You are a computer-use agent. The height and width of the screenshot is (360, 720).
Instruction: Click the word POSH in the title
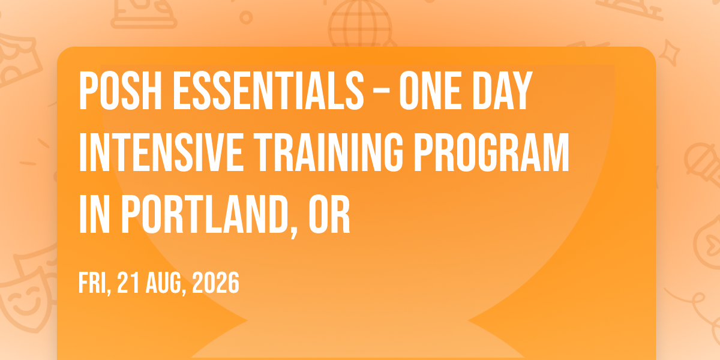(120, 91)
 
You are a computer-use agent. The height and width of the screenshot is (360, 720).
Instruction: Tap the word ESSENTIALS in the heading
(269, 91)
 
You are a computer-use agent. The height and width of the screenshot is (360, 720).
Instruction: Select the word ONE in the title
(430, 91)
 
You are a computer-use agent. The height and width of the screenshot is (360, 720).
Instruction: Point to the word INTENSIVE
(161, 152)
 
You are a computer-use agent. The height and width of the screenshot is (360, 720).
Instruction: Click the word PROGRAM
(492, 152)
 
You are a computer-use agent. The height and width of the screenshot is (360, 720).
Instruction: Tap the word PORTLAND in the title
(205, 214)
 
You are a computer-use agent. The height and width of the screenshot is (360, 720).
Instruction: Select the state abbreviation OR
(329, 214)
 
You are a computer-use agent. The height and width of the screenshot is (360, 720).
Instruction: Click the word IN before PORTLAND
(95, 214)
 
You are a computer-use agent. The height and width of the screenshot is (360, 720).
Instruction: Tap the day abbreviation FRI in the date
(93, 283)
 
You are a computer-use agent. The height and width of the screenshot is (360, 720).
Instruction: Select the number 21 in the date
(128, 283)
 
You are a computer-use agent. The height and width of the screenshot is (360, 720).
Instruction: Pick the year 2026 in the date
(215, 283)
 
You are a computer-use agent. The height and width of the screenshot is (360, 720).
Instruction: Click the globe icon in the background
(361, 24)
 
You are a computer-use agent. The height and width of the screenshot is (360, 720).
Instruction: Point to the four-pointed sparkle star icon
(670, 52)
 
